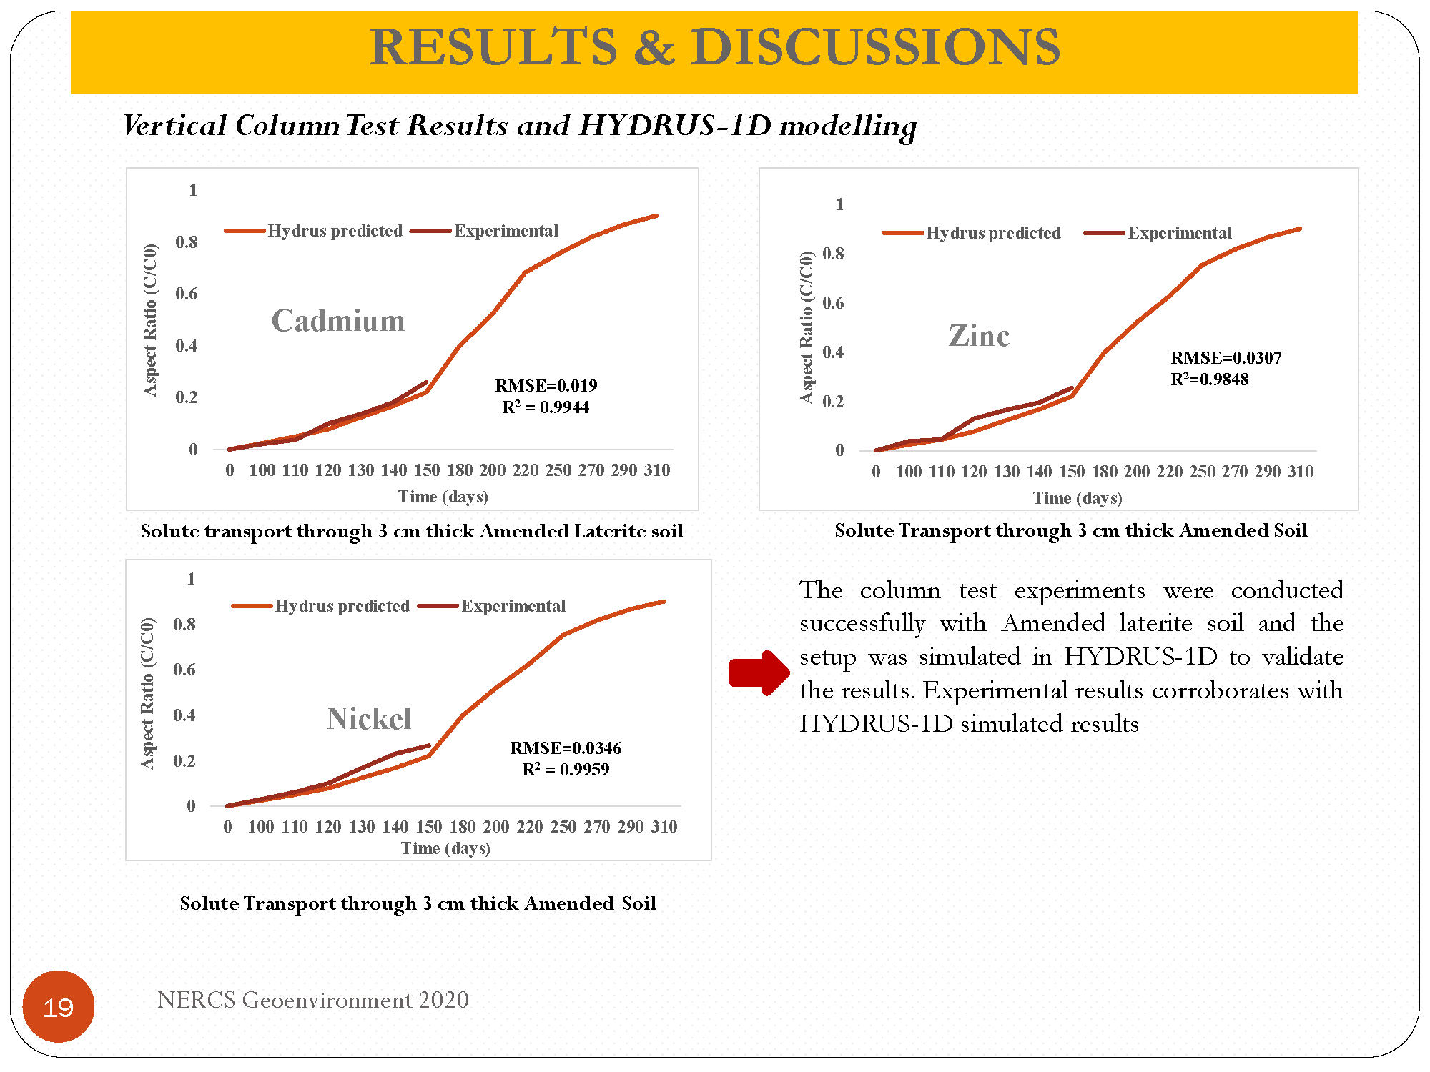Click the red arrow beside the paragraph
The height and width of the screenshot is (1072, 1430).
(x=759, y=673)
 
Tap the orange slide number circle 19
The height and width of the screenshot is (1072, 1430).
(x=59, y=1006)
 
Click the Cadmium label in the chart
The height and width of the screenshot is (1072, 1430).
(x=338, y=320)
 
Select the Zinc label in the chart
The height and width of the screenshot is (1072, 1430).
(x=979, y=335)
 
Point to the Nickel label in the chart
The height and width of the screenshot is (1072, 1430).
(x=369, y=718)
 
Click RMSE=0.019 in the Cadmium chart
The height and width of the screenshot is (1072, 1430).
(x=546, y=386)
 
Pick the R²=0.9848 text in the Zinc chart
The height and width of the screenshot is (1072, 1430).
(x=1210, y=379)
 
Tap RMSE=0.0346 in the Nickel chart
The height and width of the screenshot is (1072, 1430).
(x=566, y=748)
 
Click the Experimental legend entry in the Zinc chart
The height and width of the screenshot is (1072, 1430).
(x=1158, y=233)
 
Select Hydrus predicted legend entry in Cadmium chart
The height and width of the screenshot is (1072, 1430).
(x=314, y=231)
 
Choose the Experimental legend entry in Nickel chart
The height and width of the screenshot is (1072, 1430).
(x=492, y=606)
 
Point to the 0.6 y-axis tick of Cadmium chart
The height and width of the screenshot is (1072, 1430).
(x=187, y=294)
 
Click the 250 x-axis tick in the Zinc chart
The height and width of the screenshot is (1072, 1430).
(x=1202, y=472)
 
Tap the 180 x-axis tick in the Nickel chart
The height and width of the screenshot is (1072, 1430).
(x=463, y=827)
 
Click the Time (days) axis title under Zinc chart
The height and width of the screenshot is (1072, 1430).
(x=1078, y=498)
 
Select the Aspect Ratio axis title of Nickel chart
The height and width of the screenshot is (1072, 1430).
(x=147, y=693)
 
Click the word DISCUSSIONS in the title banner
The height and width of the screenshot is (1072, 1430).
(x=875, y=47)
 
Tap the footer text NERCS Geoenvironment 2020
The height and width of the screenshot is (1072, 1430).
(x=313, y=1000)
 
